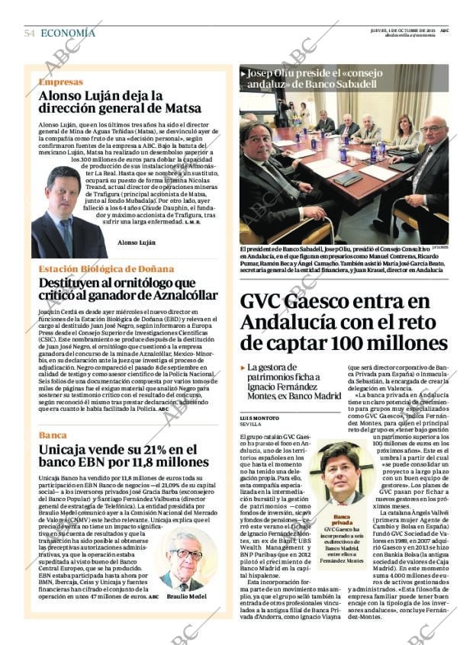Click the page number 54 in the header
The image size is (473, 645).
(30, 33)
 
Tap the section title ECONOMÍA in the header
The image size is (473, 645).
(68, 33)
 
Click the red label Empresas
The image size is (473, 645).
(61, 82)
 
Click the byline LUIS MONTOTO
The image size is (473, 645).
(259, 418)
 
